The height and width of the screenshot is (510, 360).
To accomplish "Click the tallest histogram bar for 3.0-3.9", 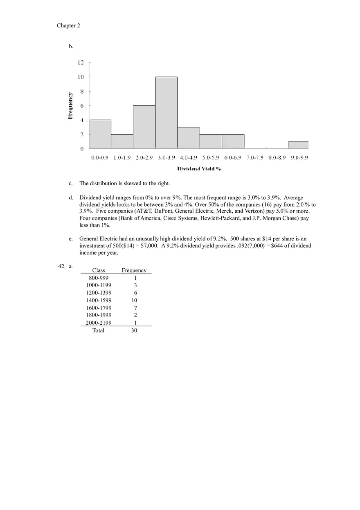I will click(166, 112).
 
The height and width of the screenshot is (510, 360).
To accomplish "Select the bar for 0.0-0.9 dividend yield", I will click(100, 134).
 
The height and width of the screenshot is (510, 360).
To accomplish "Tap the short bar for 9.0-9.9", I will click(299, 145).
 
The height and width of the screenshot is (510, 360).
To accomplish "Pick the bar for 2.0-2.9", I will click(144, 127).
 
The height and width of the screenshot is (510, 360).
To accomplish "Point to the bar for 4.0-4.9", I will click(188, 138).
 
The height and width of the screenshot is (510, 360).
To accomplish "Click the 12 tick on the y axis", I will click(81, 63).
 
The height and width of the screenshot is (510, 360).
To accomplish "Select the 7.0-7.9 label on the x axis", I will click(255, 157).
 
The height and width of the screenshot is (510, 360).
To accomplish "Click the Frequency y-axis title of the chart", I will click(70, 106).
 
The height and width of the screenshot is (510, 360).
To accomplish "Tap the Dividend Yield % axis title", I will click(199, 169).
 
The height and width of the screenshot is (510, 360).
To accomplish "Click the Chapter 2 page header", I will click(68, 26).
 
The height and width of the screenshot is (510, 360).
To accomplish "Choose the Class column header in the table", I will click(99, 270).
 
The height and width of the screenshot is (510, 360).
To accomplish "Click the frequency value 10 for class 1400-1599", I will click(134, 300).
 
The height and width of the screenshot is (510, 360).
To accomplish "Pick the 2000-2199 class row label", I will click(99, 323).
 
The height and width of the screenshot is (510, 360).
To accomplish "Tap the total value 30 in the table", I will click(134, 330).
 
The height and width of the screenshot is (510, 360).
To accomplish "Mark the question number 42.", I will click(62, 266).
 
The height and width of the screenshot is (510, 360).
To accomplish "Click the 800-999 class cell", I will click(99, 278).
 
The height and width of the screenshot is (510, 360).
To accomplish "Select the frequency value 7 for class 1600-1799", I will click(135, 308).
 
